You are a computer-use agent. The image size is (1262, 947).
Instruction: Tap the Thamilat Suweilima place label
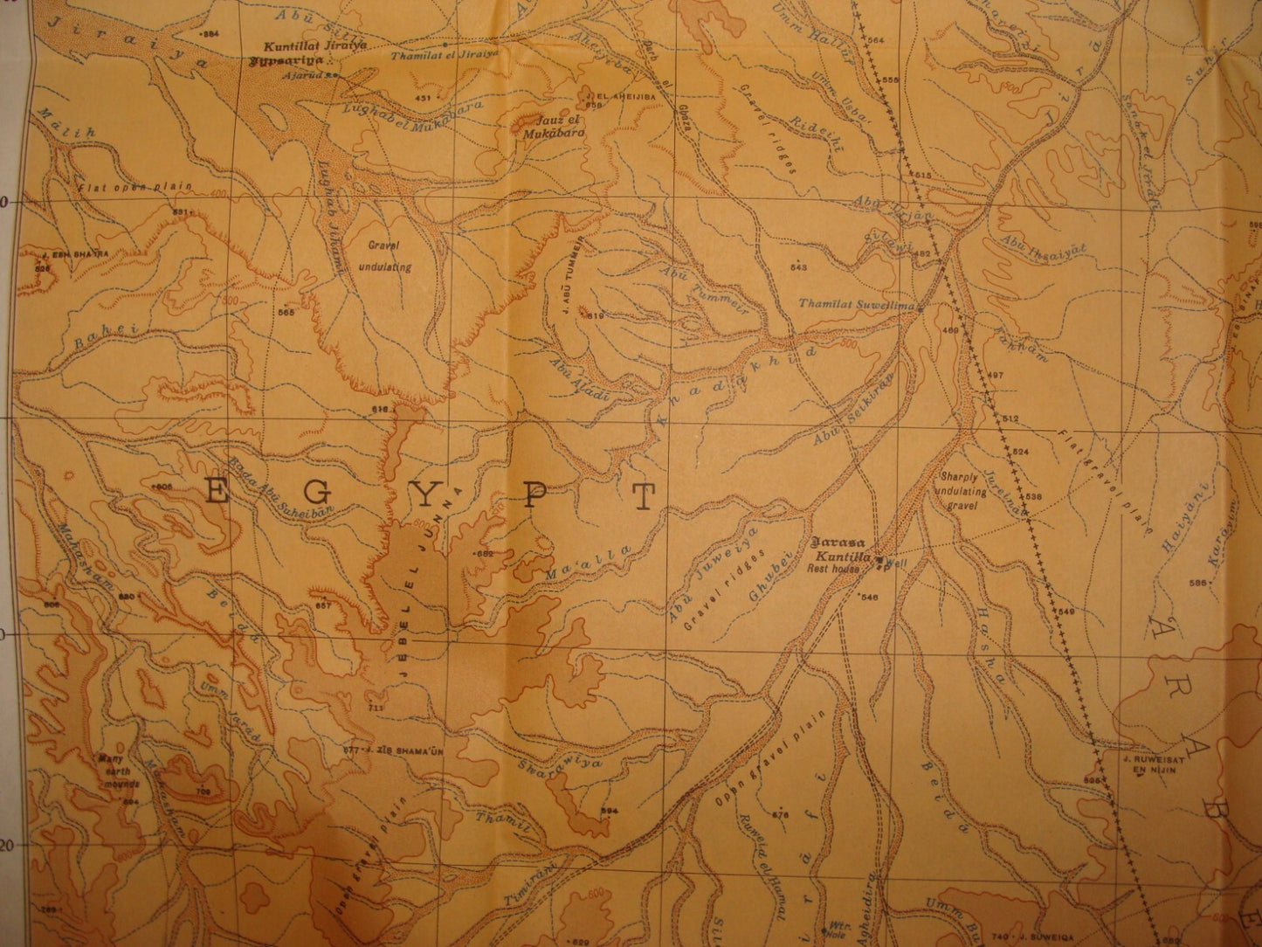click(x=855, y=306)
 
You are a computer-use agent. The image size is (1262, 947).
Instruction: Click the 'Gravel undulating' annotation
click(x=385, y=256)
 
